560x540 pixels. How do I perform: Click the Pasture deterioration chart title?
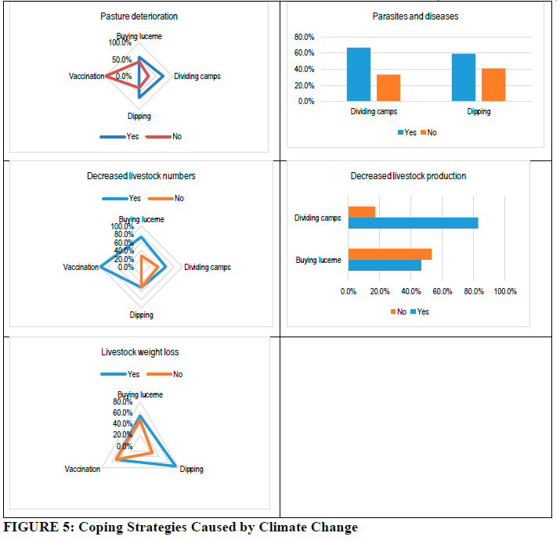click(x=139, y=16)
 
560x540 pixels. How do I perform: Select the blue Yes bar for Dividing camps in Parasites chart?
click(x=359, y=74)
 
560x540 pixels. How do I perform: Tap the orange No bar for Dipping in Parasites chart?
click(x=493, y=85)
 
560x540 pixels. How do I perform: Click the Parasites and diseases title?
click(x=414, y=16)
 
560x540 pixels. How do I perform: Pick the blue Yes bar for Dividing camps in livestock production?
click(x=413, y=223)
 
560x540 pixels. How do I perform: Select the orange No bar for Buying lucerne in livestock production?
click(x=389, y=254)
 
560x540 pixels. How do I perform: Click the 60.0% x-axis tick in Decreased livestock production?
click(x=442, y=292)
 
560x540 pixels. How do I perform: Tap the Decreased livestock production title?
click(x=408, y=176)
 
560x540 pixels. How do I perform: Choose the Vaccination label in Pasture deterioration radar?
click(x=86, y=76)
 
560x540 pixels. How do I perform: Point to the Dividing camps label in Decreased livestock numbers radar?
click(x=207, y=267)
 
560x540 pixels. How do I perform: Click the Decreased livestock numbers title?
click(x=141, y=176)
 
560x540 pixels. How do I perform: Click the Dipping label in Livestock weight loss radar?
click(x=191, y=470)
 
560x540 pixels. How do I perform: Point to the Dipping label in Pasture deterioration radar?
click(x=139, y=117)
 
